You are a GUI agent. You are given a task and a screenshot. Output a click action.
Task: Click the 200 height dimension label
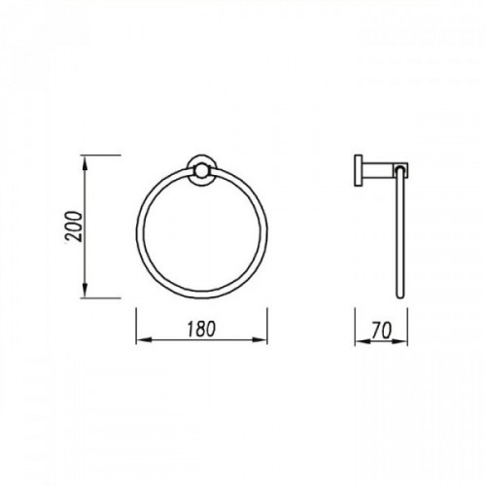[74, 226]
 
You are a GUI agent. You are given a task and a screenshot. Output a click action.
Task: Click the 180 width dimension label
[201, 329]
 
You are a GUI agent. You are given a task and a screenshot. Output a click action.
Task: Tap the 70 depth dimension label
[382, 330]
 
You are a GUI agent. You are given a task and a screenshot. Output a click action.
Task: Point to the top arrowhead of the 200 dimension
[85, 162]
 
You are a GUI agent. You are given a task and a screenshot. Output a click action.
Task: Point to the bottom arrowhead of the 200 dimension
[85, 292]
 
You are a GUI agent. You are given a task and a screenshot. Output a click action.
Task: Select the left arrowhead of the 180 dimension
[143, 340]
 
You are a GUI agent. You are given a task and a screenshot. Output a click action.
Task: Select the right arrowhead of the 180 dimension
[260, 340]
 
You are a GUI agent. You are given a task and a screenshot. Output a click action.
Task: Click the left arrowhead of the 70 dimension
[362, 341]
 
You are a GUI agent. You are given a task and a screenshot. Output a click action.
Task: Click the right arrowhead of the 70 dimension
[401, 341]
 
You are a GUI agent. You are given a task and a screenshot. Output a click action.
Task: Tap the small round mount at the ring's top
[201, 171]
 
